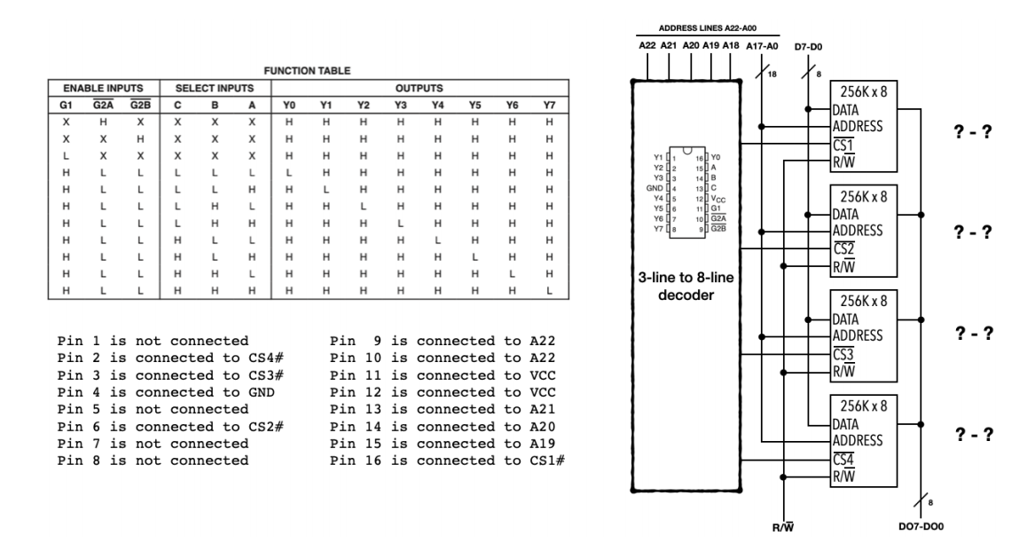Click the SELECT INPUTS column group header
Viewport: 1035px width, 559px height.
point(216,90)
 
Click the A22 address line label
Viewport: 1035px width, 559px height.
point(648,44)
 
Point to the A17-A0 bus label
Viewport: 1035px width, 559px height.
point(763,44)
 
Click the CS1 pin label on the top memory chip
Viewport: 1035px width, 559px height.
point(845,144)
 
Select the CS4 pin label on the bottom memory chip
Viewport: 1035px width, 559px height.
point(845,459)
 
